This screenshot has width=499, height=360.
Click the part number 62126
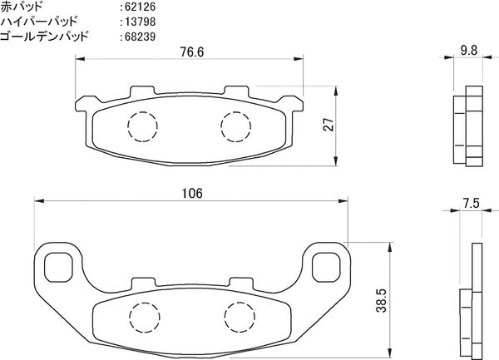[x=140, y=7]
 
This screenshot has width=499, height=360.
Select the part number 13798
[x=140, y=22]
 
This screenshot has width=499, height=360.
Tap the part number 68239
[x=140, y=37]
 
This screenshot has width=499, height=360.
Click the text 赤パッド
[x=21, y=6]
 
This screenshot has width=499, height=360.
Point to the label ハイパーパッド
[x=38, y=22]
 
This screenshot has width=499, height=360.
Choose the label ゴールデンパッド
[x=44, y=37]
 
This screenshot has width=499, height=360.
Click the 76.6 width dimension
[x=192, y=52]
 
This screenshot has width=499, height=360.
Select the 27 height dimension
[x=329, y=125]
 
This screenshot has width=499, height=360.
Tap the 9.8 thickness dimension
[x=469, y=50]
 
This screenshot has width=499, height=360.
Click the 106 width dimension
[x=192, y=194]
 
